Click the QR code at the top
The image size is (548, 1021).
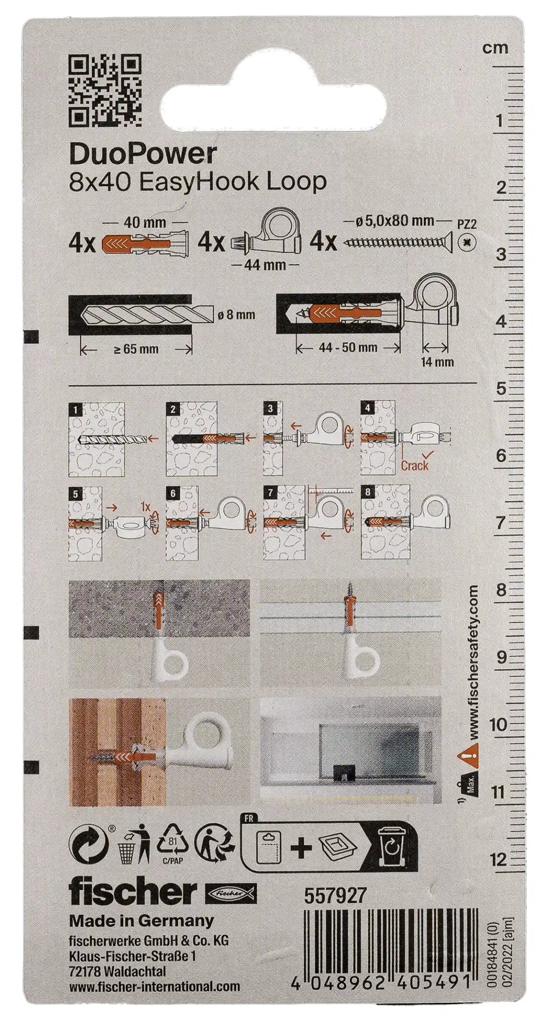click(x=105, y=90)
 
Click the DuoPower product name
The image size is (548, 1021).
click(x=143, y=155)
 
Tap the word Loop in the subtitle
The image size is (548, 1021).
click(x=296, y=182)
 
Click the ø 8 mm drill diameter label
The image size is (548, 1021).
click(x=237, y=315)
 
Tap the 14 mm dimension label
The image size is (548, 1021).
click(x=437, y=361)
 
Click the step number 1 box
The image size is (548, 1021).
click(x=75, y=410)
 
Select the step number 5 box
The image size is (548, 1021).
click(x=75, y=494)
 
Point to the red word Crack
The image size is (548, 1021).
click(x=414, y=465)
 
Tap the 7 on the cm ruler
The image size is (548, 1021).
click(x=501, y=523)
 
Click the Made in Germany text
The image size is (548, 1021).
click(x=141, y=920)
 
